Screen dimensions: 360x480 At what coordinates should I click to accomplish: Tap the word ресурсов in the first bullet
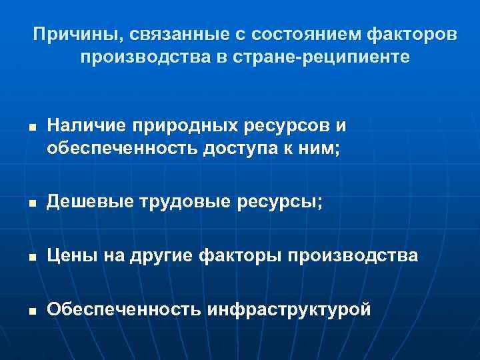click(x=261, y=125)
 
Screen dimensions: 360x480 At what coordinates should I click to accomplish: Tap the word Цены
click(x=67, y=255)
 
